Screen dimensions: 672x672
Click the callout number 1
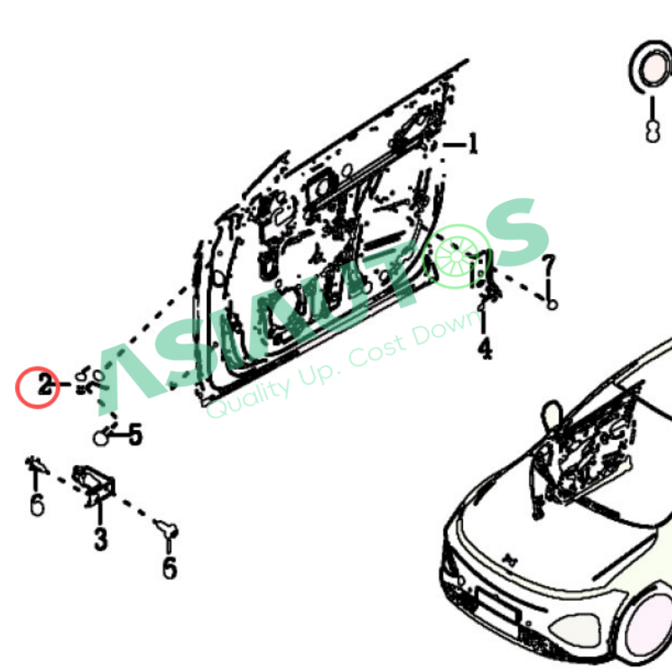(x=473, y=143)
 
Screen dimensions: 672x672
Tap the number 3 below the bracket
(x=101, y=538)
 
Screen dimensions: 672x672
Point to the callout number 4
(x=485, y=349)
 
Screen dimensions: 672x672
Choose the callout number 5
(x=135, y=434)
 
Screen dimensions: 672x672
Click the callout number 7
(x=549, y=265)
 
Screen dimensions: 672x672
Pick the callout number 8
(x=653, y=131)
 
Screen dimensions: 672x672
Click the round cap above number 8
(x=650, y=66)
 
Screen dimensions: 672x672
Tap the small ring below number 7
(x=552, y=304)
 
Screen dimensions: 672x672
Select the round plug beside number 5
(x=101, y=437)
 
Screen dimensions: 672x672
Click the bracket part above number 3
(x=94, y=485)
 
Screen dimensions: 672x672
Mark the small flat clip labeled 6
(x=37, y=465)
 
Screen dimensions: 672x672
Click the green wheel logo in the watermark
(x=456, y=256)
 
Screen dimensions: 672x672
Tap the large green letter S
(x=517, y=233)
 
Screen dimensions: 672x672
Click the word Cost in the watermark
(x=378, y=351)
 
